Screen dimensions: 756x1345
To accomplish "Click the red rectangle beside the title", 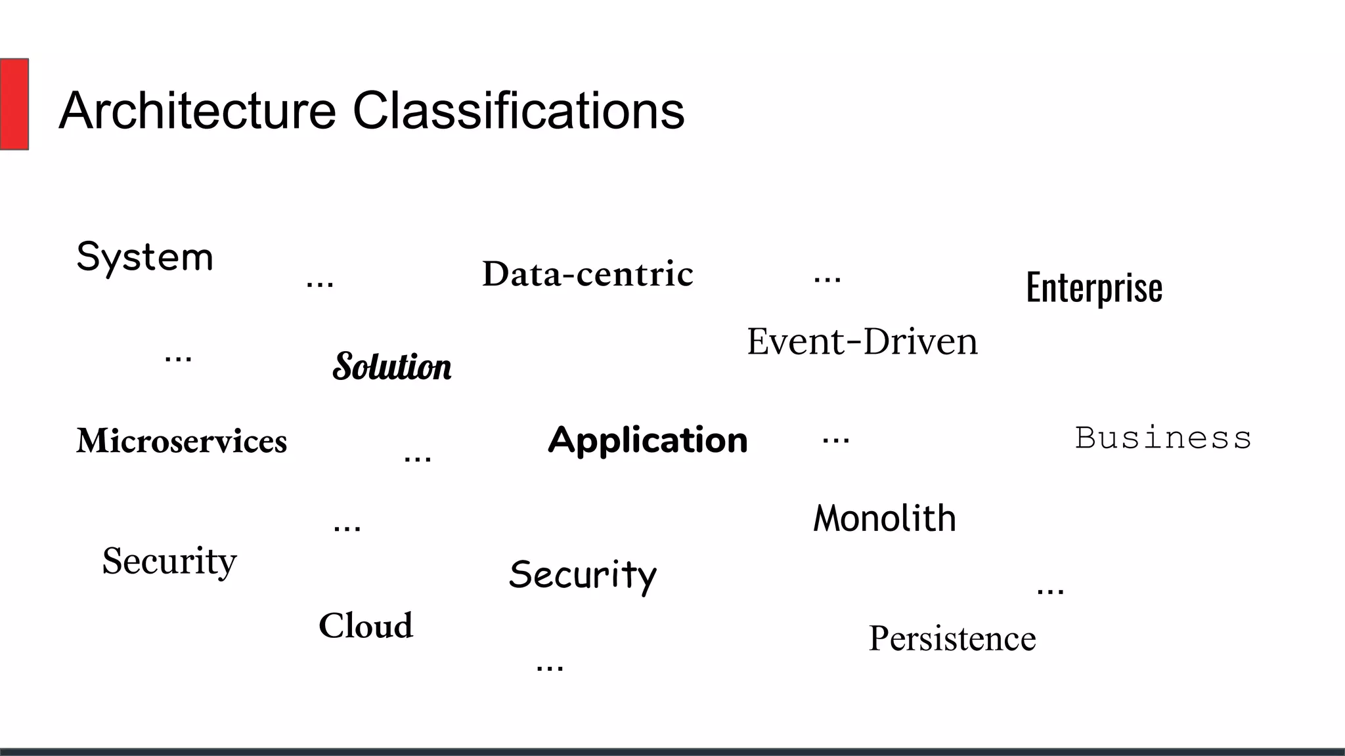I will [14, 104].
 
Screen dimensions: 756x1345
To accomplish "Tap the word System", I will [145, 257].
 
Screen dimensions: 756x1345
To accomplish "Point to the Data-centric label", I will [588, 274].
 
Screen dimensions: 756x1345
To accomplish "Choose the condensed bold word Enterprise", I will [1094, 287].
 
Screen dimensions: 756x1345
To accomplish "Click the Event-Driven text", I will [862, 342].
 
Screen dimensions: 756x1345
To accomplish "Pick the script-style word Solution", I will [392, 366].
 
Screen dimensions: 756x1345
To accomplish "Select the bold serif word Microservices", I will [182, 440].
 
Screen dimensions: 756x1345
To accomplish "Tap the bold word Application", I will [648, 440].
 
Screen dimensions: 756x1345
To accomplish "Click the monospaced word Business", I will [1163, 438].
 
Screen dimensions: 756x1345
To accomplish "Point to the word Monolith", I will [885, 518].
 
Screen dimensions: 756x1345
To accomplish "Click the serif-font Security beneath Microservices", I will [169, 561].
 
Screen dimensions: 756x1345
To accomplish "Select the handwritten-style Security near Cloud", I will [583, 575].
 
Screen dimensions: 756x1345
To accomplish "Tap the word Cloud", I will [366, 625].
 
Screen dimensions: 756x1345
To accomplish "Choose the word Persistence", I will [952, 639].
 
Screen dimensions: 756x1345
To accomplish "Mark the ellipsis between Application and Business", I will [835, 440].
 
